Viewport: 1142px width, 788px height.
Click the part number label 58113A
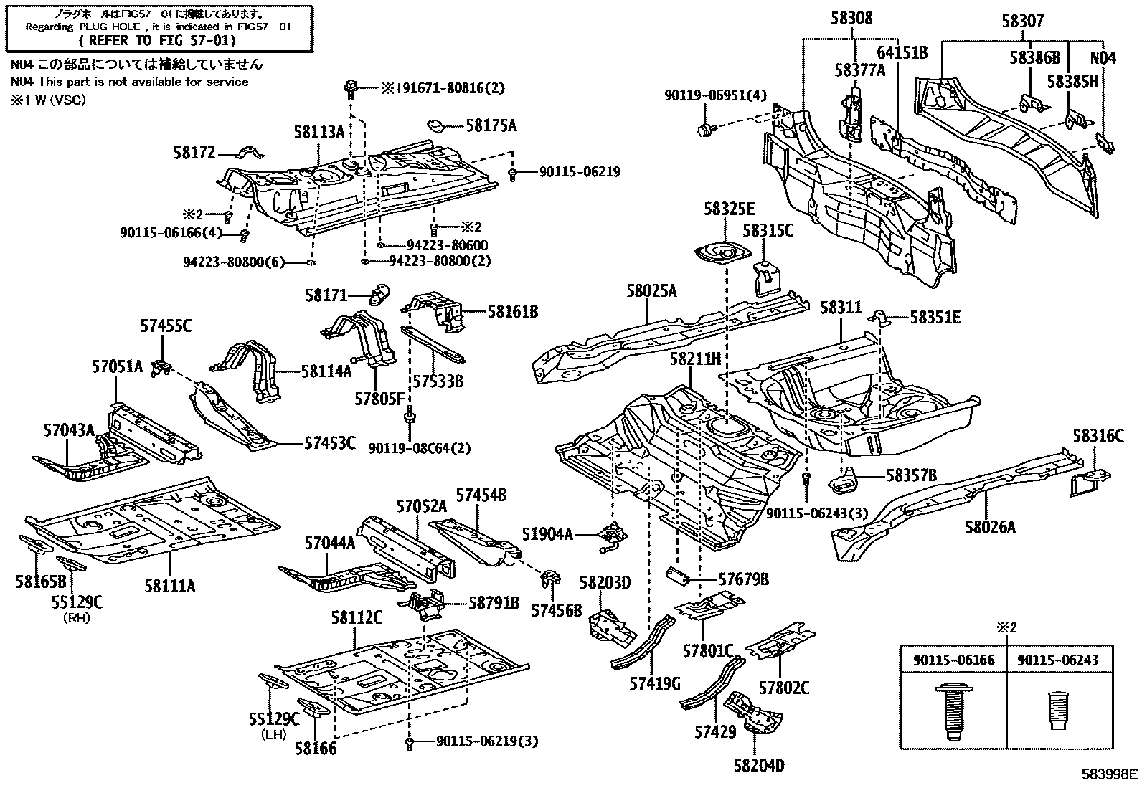318,132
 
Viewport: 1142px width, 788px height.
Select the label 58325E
729,209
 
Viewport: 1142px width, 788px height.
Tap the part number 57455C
166,327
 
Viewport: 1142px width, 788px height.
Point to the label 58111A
169,586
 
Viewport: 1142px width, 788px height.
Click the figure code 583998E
1110,774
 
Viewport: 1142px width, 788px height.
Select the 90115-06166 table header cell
953,660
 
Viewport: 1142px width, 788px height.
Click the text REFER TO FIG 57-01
157,41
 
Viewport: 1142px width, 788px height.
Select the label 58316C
1098,436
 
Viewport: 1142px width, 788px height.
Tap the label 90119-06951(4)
705,94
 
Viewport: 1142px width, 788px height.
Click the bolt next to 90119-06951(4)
704,129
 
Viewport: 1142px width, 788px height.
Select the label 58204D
759,766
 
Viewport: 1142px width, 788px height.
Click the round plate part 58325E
721,254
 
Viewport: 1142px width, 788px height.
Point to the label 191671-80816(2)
442,88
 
